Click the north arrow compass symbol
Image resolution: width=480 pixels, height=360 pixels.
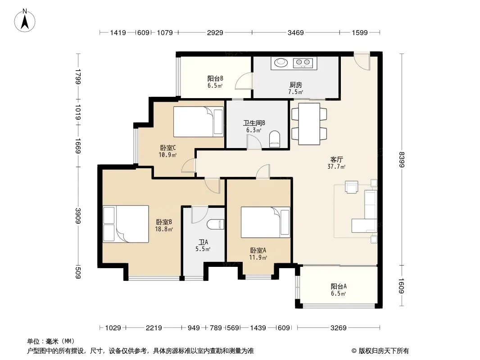[25, 21]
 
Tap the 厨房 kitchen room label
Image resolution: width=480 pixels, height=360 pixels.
[296, 85]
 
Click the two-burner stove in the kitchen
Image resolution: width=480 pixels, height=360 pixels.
[303, 63]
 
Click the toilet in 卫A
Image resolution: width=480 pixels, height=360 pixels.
[216, 225]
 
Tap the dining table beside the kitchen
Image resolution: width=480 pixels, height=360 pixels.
[309, 124]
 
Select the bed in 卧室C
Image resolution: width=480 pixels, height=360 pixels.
[199, 121]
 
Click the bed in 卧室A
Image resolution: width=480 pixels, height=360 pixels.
[265, 222]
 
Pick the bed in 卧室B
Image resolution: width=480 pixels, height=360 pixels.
[126, 224]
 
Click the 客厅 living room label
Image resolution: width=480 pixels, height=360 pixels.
[336, 159]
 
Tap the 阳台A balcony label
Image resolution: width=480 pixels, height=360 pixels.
[339, 286]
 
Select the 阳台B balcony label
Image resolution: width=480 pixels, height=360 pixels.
[215, 79]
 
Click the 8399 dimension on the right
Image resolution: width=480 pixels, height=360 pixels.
[402, 160]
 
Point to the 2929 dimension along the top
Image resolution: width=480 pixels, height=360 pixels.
[215, 32]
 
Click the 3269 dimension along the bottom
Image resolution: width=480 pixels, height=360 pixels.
[338, 328]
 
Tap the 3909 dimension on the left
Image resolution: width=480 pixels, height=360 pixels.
[78, 216]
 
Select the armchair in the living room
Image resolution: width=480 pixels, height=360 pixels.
[351, 187]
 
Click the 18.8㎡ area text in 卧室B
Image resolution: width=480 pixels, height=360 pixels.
[164, 229]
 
